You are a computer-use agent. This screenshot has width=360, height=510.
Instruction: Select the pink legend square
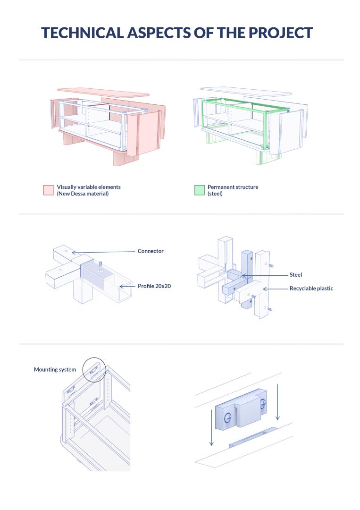(x=48, y=190)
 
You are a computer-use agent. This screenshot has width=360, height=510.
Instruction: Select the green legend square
(x=199, y=190)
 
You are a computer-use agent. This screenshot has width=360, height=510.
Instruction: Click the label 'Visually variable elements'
(x=89, y=187)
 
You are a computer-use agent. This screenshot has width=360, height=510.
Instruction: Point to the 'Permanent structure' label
(x=233, y=187)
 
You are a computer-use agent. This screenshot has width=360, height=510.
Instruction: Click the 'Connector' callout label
(x=151, y=251)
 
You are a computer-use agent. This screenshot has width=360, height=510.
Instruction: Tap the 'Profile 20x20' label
(x=154, y=286)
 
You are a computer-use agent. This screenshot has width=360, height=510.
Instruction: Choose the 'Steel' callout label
(x=295, y=275)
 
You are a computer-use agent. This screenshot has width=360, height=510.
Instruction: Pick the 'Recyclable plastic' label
(x=311, y=288)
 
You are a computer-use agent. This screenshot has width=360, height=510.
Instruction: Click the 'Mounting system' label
(x=55, y=369)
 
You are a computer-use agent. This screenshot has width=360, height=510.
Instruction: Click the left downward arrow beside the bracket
(x=212, y=427)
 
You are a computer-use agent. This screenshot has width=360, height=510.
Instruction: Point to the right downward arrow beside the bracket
(x=277, y=401)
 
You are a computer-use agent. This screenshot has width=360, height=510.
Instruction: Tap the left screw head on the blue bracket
(x=228, y=417)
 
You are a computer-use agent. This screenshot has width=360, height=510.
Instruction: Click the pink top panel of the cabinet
(x=100, y=91)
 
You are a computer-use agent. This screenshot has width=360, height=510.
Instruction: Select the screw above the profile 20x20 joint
(x=100, y=263)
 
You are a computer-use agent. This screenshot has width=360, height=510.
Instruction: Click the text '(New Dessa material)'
(x=83, y=194)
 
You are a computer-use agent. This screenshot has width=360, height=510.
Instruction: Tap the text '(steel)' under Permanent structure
(x=215, y=194)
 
